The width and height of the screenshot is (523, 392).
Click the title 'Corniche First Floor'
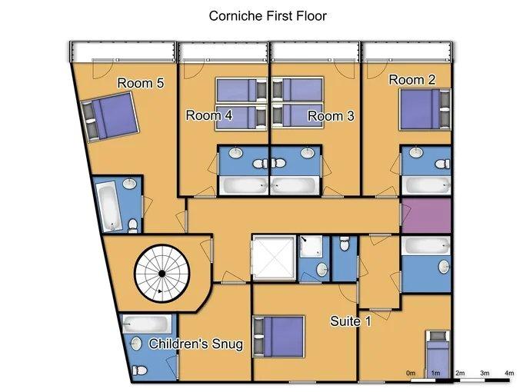coord(268,15)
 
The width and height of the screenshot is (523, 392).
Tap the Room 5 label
coord(141,83)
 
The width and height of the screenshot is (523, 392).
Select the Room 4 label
coord(208,115)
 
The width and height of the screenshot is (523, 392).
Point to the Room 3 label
coord(331,116)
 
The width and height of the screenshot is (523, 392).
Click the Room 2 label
coord(412,80)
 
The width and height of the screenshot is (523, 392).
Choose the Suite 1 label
coord(350,321)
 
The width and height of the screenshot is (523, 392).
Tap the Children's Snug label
coord(196,344)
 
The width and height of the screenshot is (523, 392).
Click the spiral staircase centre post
coord(162,274)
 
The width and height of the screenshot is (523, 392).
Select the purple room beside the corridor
coord(426,216)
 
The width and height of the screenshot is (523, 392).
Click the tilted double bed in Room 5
coord(110,117)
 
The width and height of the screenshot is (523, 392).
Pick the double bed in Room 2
coord(425,109)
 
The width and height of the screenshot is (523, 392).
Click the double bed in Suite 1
coord(279,337)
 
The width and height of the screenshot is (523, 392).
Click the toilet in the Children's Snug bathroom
coord(140,370)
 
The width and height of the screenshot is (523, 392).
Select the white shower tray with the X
coord(274,257)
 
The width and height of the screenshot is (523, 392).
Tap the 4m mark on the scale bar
coord(510,373)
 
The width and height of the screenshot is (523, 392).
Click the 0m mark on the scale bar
coord(411,373)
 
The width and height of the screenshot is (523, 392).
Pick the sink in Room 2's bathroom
coord(416,153)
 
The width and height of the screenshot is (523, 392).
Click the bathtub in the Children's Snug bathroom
coord(145,324)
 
